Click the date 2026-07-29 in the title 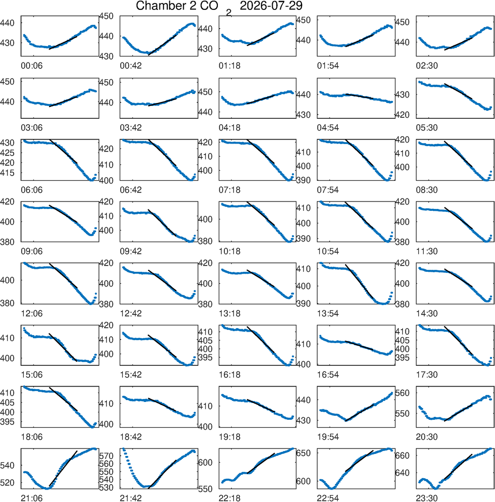click(x=271, y=6)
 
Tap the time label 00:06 click(x=32, y=66)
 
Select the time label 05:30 click(x=427, y=128)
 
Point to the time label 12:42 click(x=131, y=313)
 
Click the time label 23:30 click(x=427, y=498)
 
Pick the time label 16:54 click(x=328, y=375)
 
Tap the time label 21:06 click(x=32, y=498)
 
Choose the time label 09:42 click(x=131, y=251)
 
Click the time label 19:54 click(x=328, y=437)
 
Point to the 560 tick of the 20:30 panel click(x=402, y=393)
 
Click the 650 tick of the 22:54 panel click(x=303, y=453)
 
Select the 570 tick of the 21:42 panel click(x=106, y=455)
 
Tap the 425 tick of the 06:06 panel click(x=7, y=152)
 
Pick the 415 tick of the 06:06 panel click(x=7, y=173)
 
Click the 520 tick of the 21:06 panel click(x=7, y=483)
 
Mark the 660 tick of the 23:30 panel click(x=402, y=455)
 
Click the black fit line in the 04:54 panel click(x=359, y=96)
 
